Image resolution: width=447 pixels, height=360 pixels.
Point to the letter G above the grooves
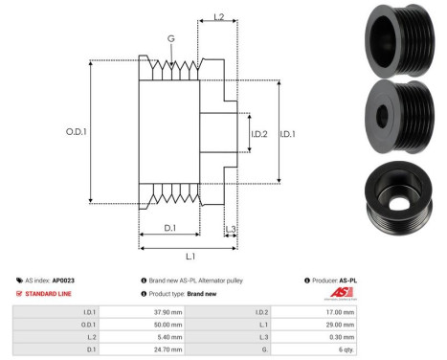(x=170, y=39)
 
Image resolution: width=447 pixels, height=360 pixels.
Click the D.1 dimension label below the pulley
(x=170, y=227)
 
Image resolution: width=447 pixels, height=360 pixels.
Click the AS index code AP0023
(x=65, y=280)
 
